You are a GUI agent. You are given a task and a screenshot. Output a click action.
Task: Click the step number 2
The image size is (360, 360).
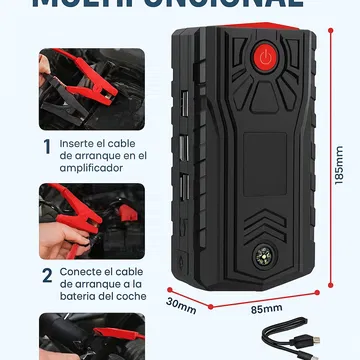46,275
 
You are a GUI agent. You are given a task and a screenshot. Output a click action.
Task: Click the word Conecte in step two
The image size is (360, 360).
81,269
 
